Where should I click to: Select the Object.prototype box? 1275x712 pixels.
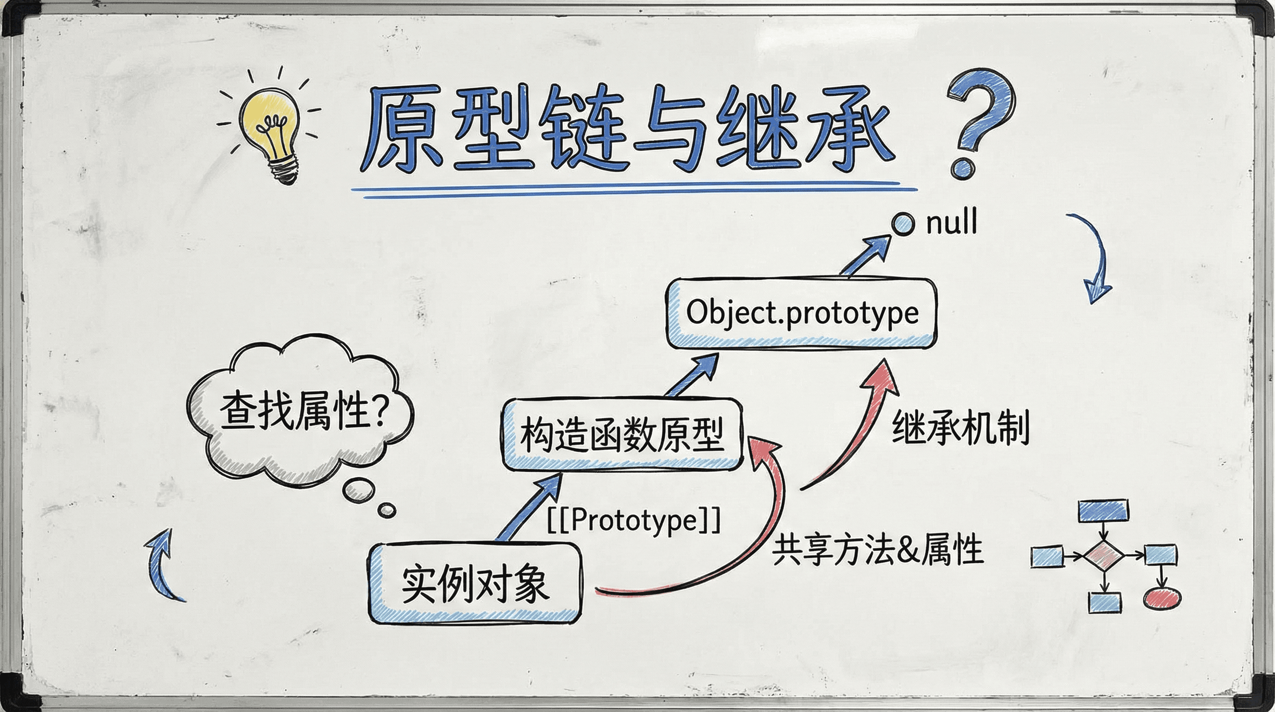pyautogui.click(x=802, y=313)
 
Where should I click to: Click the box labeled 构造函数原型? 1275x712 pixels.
pyautogui.click(x=622, y=434)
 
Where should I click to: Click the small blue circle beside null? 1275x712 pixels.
pyautogui.click(x=903, y=224)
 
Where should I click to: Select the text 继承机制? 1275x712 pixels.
pyautogui.click(x=961, y=427)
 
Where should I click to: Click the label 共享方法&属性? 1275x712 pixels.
pyautogui.click(x=877, y=550)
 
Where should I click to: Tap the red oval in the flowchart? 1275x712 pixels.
pyautogui.click(x=1161, y=598)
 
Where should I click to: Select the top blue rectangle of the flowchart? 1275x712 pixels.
pyautogui.click(x=1103, y=511)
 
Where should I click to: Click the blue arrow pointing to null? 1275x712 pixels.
pyautogui.click(x=866, y=255)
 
